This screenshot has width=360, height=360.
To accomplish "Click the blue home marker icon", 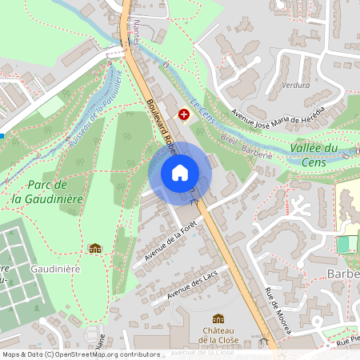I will pyautogui.click(x=180, y=173).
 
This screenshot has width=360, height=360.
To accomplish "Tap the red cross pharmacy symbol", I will pyautogui.click(x=185, y=115).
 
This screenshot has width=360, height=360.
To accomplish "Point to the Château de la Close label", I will pyautogui.click(x=218, y=335).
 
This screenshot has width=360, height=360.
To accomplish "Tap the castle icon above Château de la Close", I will pyautogui.click(x=218, y=318).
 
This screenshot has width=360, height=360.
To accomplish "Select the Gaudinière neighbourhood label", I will pyautogui.click(x=56, y=270).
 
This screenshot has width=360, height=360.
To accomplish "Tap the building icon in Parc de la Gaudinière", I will pyautogui.click(x=95, y=249).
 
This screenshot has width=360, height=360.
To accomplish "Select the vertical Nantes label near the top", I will pyautogui.click(x=135, y=35).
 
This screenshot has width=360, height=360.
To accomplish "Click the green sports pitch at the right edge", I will pyautogui.click(x=347, y=244).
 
